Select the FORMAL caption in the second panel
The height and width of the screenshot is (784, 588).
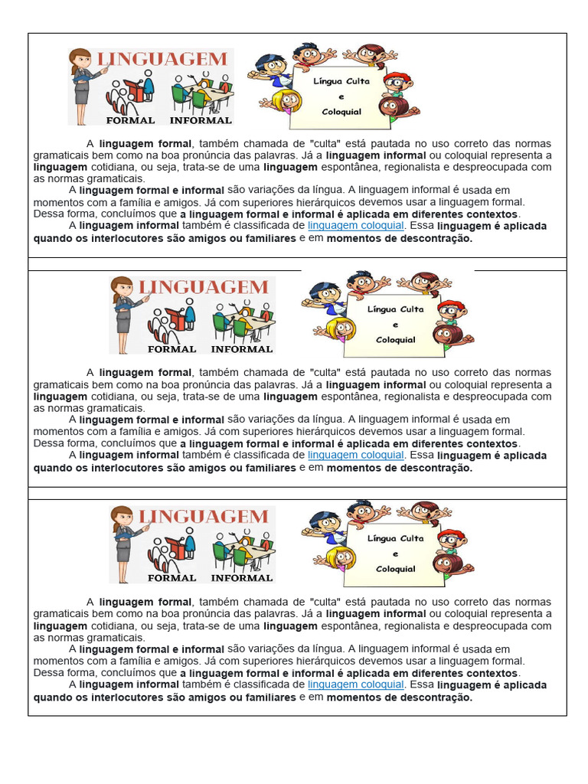[x=171, y=348]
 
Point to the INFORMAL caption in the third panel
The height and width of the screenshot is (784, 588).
[x=241, y=578]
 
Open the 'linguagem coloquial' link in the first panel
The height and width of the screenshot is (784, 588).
[x=355, y=226]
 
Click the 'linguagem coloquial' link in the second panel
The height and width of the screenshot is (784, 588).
[x=355, y=455]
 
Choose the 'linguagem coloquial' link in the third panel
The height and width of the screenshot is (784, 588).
[x=355, y=684]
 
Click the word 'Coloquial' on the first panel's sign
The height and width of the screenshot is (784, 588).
[x=341, y=111]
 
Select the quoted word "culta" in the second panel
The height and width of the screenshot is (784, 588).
[x=328, y=373]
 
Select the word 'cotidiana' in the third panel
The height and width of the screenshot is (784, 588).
[x=115, y=626]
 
